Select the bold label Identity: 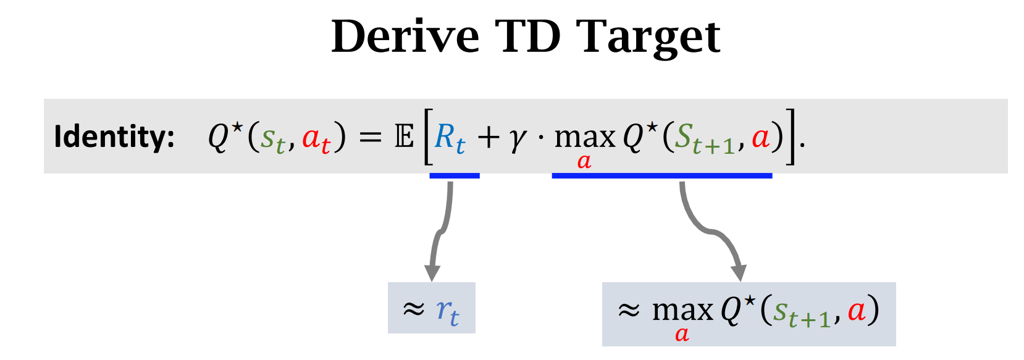click(x=114, y=136)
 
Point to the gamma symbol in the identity click(x=518, y=139)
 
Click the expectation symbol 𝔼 click(x=404, y=136)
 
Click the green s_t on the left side click(x=272, y=139)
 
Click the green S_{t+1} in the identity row click(x=703, y=139)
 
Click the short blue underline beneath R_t click(x=455, y=176)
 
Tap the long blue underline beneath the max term click(x=661, y=176)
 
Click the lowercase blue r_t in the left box click(x=447, y=311)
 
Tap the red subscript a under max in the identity click(x=584, y=162)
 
